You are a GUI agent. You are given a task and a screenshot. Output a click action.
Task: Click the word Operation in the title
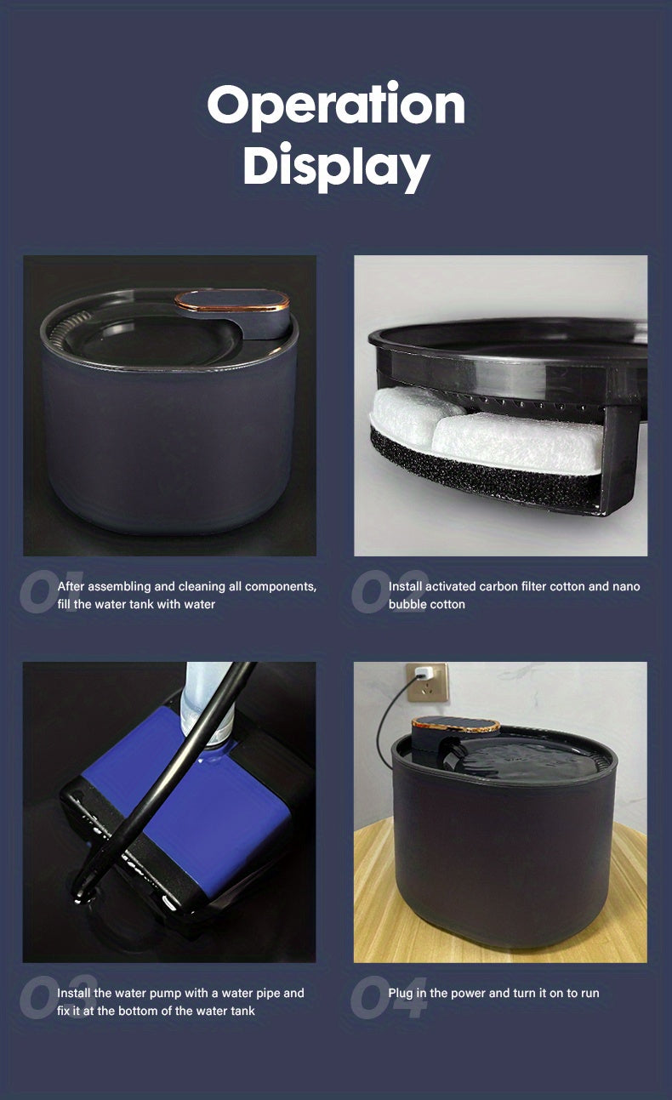point(336,105)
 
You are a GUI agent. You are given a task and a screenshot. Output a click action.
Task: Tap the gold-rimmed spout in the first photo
point(232,300)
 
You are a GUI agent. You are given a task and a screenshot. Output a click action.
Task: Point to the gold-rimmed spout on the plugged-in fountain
point(456,726)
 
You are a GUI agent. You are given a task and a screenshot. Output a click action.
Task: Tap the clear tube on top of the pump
point(204,698)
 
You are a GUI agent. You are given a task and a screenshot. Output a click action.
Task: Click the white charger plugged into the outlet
point(424,675)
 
